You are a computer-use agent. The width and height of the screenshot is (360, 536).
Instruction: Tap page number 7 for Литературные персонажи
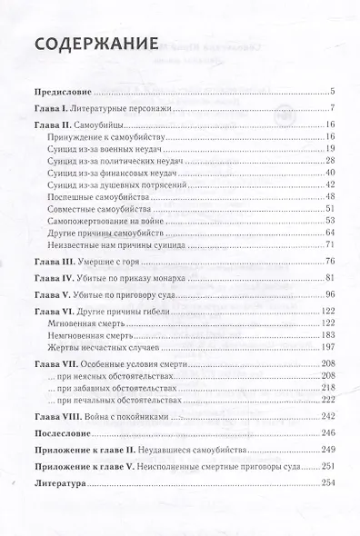click(x=335, y=110)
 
